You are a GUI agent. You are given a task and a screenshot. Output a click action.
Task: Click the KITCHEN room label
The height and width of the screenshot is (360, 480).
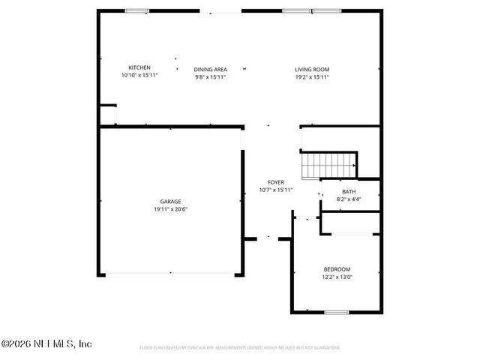click(139, 68)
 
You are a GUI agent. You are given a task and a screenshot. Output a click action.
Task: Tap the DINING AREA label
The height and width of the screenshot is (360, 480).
click(211, 69)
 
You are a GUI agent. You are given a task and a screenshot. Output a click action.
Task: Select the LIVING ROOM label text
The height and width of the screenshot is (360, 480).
click(311, 69)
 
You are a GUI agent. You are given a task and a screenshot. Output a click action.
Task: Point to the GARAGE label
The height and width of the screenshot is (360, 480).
click(169, 202)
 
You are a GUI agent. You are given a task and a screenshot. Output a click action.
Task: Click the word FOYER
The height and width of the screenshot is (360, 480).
click(275, 182)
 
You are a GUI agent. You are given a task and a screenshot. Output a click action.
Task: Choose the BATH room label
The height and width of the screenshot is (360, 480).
click(349, 192)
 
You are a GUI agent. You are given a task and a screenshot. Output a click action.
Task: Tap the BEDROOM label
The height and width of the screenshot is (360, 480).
click(337, 269)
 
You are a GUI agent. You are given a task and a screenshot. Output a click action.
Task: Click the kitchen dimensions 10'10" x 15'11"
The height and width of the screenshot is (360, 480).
click(139, 76)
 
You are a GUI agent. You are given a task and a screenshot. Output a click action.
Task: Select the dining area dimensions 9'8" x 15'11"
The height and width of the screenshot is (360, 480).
click(211, 76)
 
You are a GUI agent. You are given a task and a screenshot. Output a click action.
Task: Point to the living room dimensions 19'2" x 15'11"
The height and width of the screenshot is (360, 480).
click(311, 76)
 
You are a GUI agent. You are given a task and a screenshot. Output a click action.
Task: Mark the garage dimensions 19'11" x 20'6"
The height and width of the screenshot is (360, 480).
click(169, 209)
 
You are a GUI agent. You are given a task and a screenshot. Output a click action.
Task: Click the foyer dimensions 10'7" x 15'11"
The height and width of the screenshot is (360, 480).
click(275, 190)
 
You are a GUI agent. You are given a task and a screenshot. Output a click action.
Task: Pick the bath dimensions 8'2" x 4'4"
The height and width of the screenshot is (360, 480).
click(349, 199)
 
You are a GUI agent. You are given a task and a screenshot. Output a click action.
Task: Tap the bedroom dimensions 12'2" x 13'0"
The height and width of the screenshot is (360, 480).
click(337, 277)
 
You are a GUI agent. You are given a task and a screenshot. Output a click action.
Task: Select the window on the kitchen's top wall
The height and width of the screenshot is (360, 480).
click(136, 10)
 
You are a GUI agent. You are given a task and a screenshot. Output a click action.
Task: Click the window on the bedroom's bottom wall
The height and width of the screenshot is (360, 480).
click(336, 311)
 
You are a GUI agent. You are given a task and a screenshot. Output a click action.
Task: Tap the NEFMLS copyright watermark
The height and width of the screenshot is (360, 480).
click(46, 344)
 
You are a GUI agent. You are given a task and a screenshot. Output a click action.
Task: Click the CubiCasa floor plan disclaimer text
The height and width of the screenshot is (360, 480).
click(240, 348)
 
